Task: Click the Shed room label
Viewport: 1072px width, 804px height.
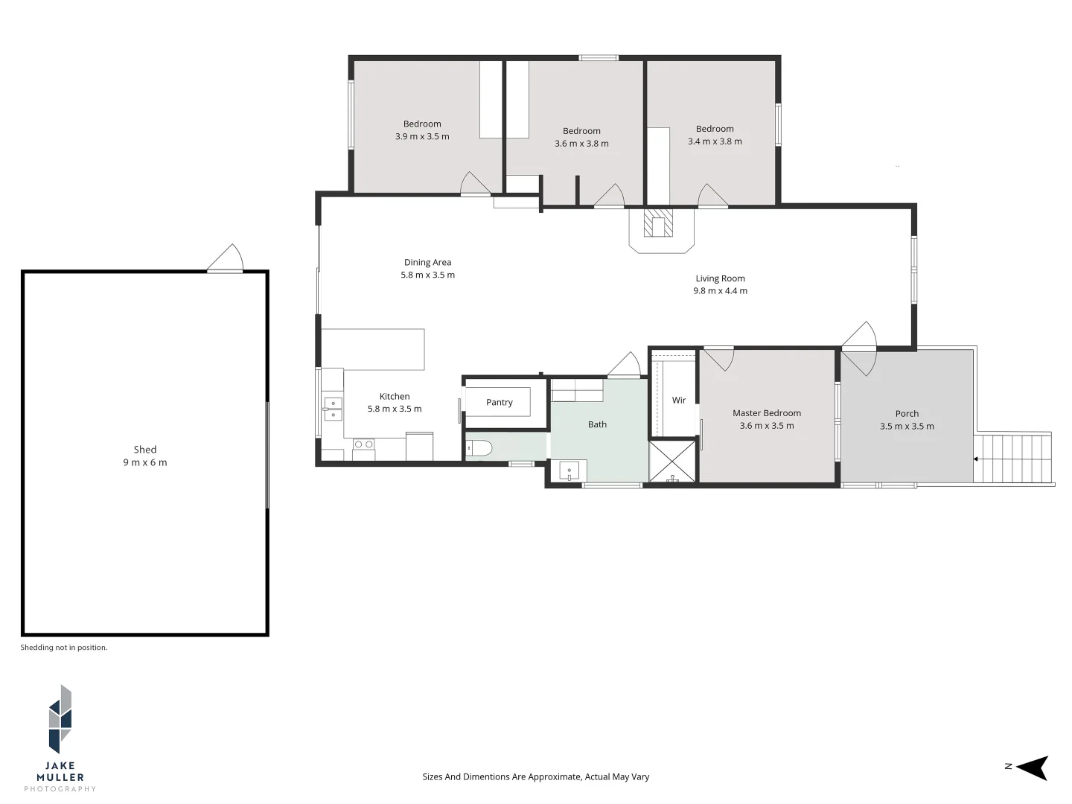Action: pyautogui.click(x=145, y=450)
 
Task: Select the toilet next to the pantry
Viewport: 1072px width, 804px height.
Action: pyautogui.click(x=477, y=448)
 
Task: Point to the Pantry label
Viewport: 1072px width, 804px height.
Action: pyautogui.click(x=499, y=402)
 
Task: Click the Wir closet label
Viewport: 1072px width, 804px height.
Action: pyautogui.click(x=679, y=401)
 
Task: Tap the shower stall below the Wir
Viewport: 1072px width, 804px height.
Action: pyautogui.click(x=672, y=462)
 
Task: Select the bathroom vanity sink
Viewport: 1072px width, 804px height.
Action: pyautogui.click(x=569, y=470)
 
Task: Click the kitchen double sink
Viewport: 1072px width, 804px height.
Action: pyautogui.click(x=333, y=409)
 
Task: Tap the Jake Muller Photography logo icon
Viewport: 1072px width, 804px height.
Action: pyautogui.click(x=60, y=719)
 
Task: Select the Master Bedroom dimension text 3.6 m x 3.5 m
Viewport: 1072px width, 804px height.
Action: pyautogui.click(x=767, y=426)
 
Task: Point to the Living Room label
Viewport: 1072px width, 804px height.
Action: pyautogui.click(x=720, y=278)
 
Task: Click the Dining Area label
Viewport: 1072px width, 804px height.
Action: pyautogui.click(x=427, y=262)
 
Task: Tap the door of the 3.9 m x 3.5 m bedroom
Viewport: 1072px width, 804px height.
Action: pyautogui.click(x=475, y=185)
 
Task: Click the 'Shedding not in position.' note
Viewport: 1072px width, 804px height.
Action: pyautogui.click(x=64, y=648)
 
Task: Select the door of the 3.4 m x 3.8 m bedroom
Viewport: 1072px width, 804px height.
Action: pyautogui.click(x=712, y=196)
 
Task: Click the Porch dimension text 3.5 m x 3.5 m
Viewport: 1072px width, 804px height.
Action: pyautogui.click(x=907, y=427)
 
